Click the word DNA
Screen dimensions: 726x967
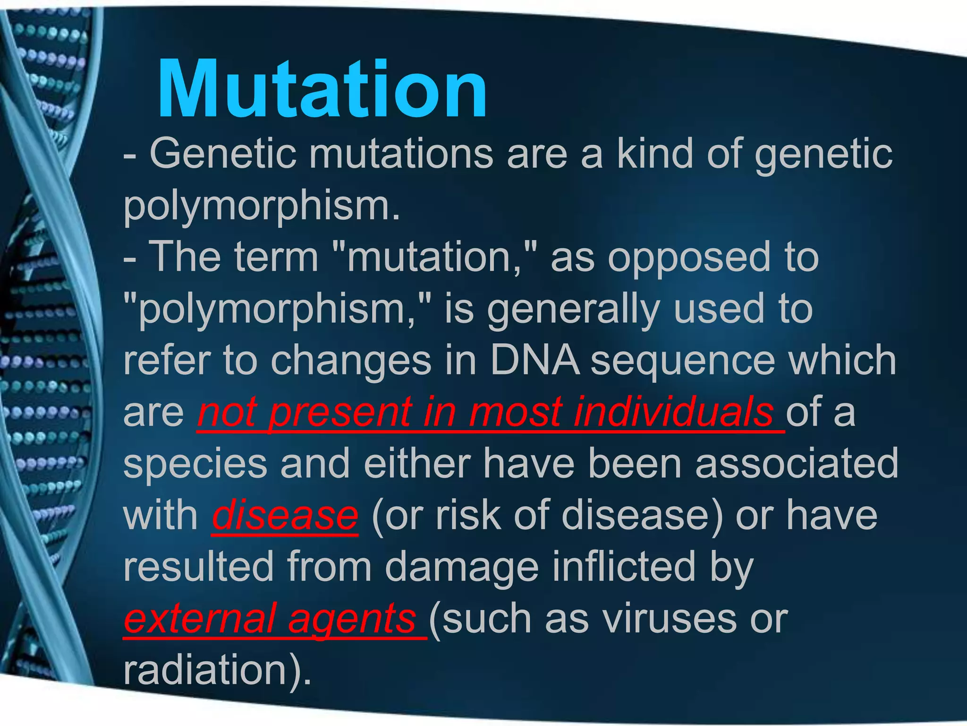pos(534,360)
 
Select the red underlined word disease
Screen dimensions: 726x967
pos(285,515)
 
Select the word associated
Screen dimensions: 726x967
pos(797,463)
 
